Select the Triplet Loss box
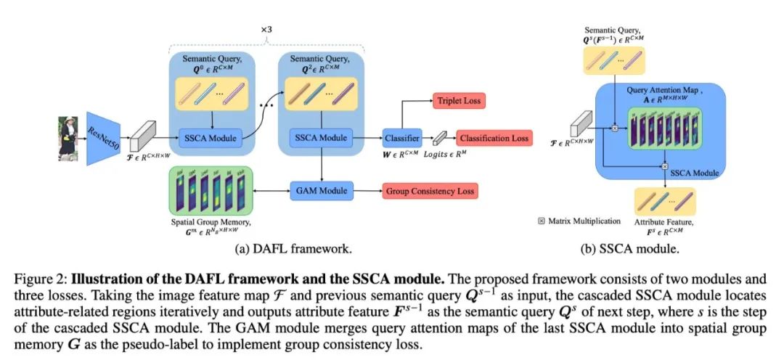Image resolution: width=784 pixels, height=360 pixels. tap(459, 101)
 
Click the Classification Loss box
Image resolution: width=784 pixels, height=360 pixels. tap(494, 138)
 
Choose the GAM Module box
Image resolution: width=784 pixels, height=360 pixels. tap(321, 192)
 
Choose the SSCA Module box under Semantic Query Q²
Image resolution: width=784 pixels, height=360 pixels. tap(320, 137)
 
